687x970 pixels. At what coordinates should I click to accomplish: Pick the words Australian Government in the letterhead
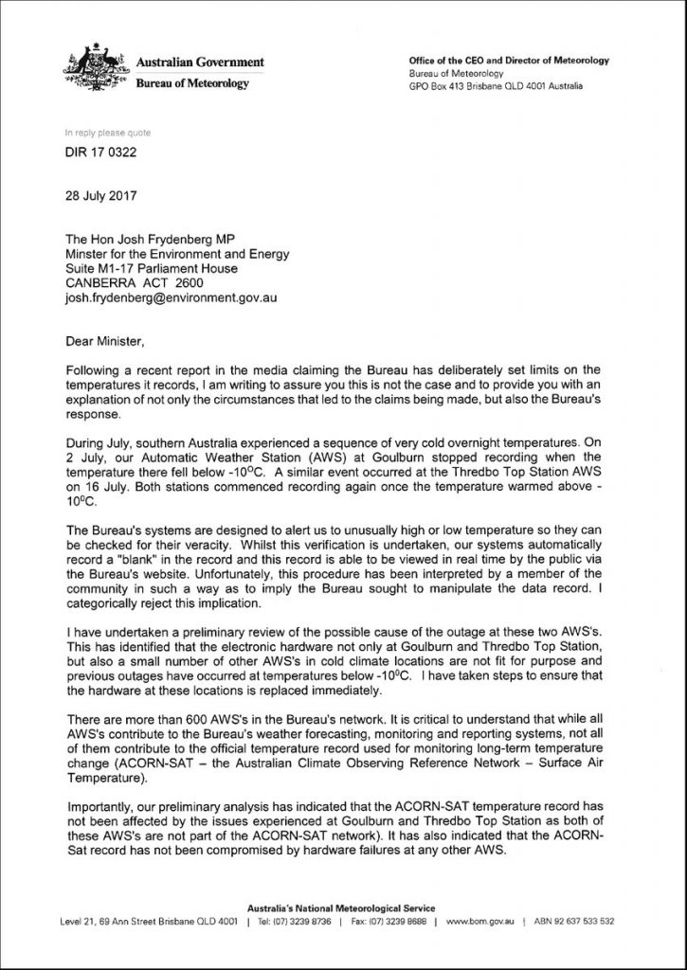tap(200, 63)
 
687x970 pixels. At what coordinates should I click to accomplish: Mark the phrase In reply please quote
tap(107, 134)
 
